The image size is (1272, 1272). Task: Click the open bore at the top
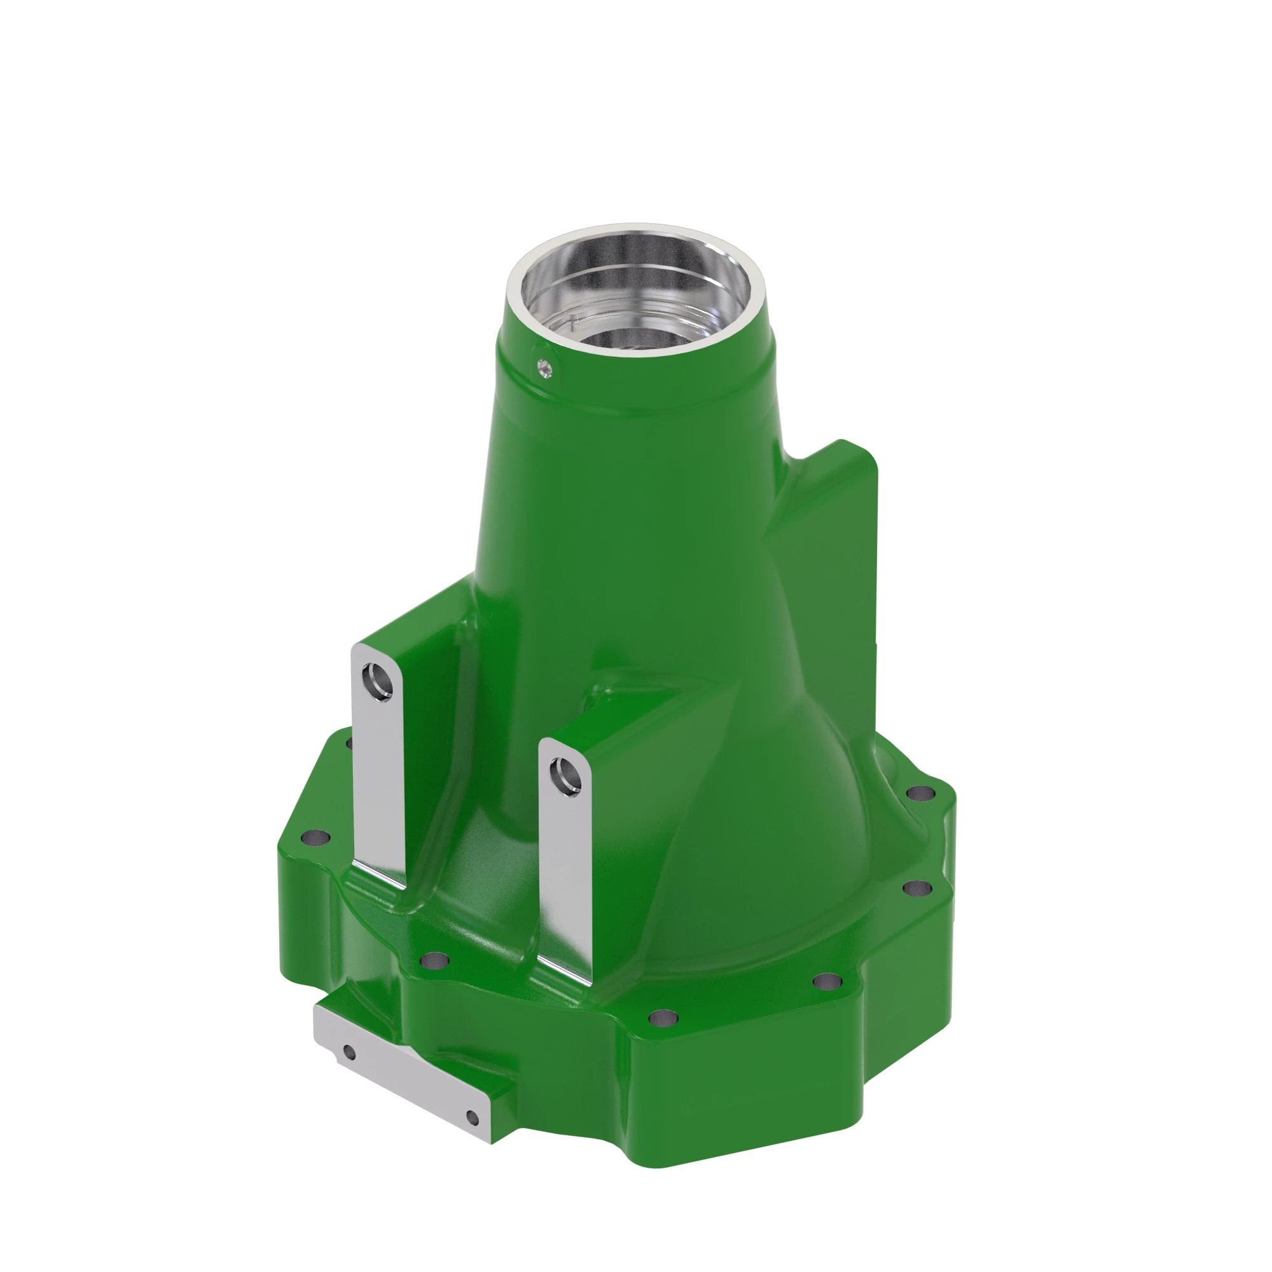(635, 296)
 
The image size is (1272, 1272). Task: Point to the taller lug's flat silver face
(379, 790)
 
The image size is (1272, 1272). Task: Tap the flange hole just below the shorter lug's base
(434, 960)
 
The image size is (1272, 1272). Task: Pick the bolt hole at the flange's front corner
(663, 1019)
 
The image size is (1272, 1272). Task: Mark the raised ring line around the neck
(632, 413)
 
